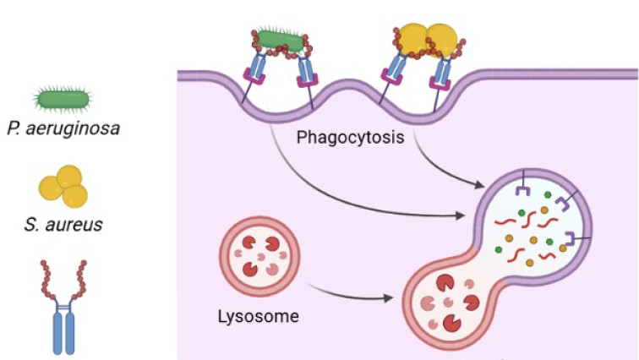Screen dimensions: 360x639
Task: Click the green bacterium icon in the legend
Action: [x=63, y=100]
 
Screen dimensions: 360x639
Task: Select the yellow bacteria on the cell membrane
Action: [x=427, y=37]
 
